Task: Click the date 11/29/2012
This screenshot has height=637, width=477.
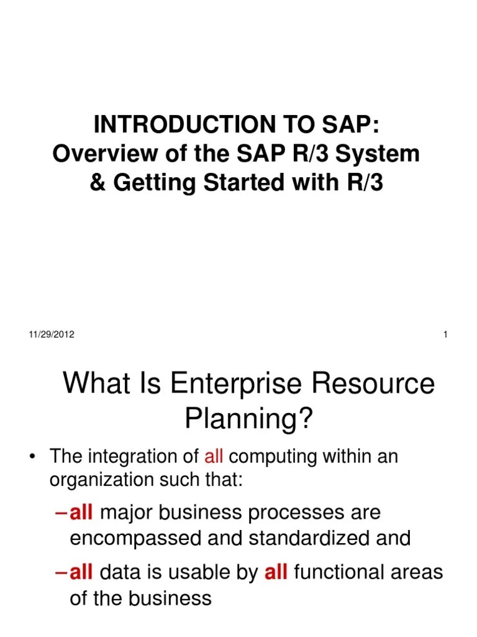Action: [52, 335]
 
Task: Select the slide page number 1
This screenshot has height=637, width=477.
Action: [446, 335]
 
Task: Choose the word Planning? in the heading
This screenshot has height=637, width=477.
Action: [249, 421]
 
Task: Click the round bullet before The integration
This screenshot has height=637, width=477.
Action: [32, 458]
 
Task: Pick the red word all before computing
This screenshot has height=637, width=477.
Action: [213, 457]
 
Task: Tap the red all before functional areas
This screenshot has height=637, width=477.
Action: [276, 572]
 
